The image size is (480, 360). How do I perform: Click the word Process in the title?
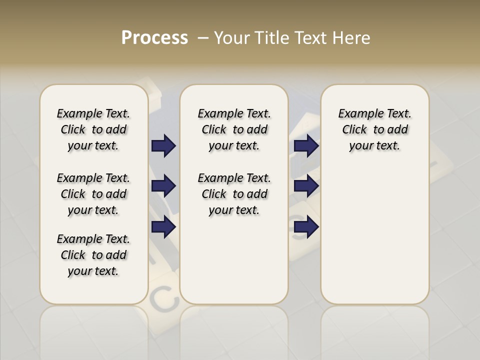154,38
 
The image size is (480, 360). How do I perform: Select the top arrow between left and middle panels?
163,145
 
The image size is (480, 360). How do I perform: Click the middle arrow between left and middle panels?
163,186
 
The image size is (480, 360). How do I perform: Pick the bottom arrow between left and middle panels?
163,227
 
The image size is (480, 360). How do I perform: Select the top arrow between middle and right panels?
306,145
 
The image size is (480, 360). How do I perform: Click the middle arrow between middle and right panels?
306,186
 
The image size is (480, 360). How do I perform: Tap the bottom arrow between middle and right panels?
306,227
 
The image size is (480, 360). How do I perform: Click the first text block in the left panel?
93,129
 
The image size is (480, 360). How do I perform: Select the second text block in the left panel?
93,194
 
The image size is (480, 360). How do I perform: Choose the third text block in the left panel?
93,255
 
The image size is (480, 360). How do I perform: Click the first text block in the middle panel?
234,129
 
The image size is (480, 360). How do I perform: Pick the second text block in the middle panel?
234,194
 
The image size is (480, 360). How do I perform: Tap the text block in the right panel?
374,129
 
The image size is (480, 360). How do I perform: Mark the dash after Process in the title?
203,38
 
